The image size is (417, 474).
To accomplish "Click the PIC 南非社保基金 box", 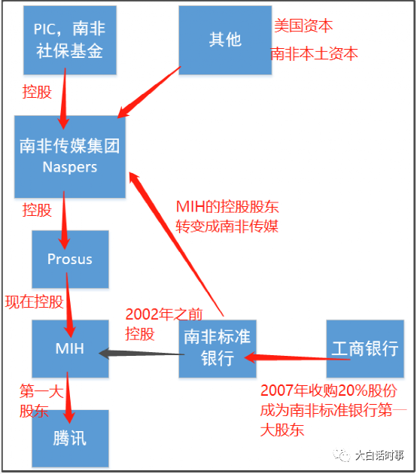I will coord(68,41).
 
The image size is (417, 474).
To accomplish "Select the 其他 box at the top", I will coord(225,40).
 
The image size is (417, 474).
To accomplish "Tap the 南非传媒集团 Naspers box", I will coord(70,156).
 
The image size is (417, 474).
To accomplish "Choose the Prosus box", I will coord(70,259).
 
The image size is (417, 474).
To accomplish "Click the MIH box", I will coord(70,349).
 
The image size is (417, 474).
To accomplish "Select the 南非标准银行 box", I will coord(218,349).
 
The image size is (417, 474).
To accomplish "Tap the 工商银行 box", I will coord(364,349).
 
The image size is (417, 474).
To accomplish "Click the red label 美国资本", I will coord(303,26).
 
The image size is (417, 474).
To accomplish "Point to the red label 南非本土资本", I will coord(314,54).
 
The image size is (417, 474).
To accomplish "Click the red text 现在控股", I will coord(34,302).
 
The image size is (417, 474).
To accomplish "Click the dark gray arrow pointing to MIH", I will coord(143,351).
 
